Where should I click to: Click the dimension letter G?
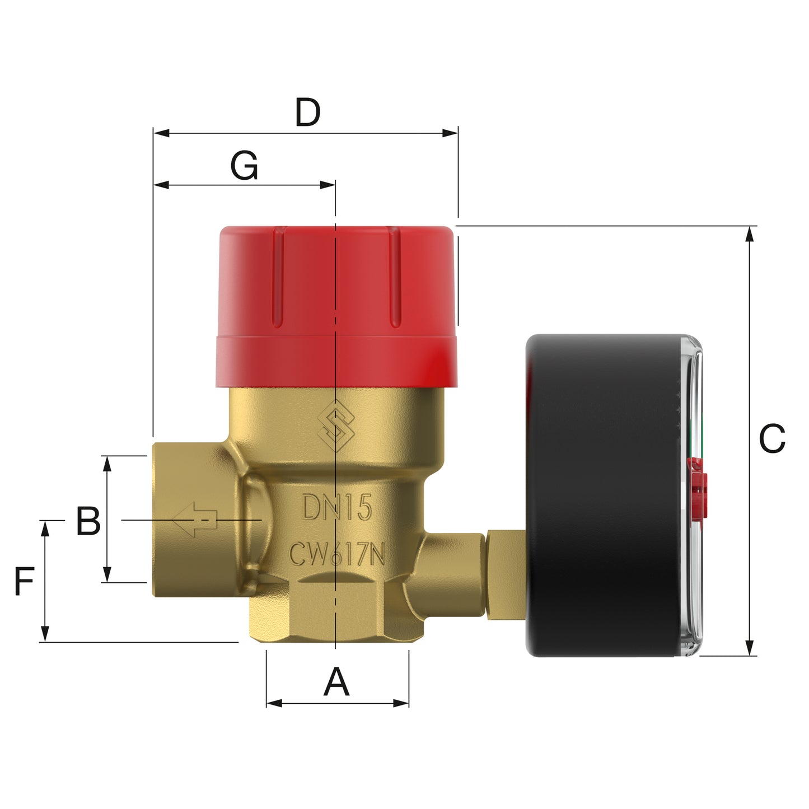[245, 166]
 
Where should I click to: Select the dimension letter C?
[771, 439]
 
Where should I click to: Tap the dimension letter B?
[88, 521]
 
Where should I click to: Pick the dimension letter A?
[336, 682]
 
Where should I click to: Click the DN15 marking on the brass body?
[337, 508]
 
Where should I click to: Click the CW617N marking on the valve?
[337, 555]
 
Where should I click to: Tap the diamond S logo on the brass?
[336, 426]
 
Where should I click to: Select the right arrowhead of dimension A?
[401, 703]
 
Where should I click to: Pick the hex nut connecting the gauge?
[505, 575]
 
